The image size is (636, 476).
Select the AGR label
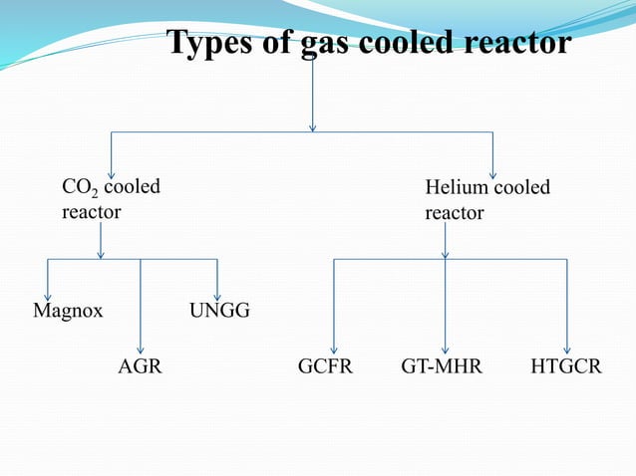click(140, 367)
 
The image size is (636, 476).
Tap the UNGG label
click(219, 313)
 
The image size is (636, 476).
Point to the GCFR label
click(325, 367)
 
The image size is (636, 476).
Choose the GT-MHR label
click(442, 367)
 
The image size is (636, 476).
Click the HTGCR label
click(566, 367)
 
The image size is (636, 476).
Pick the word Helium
click(457, 187)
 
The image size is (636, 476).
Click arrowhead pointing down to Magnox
click(48, 295)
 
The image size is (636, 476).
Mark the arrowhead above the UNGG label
click(217, 295)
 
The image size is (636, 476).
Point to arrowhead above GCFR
click(334, 349)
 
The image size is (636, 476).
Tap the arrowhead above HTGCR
click(567, 349)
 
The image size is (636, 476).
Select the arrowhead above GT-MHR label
click(445, 349)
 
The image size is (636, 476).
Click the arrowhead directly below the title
click(314, 126)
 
